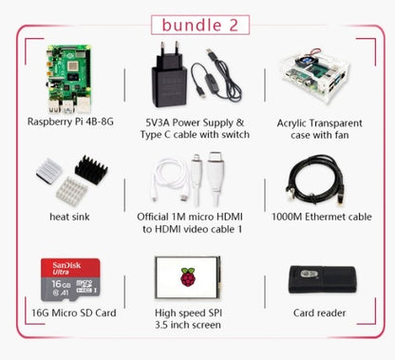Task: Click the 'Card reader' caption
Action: [x=319, y=313]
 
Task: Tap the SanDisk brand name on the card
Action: [x=54, y=263]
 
